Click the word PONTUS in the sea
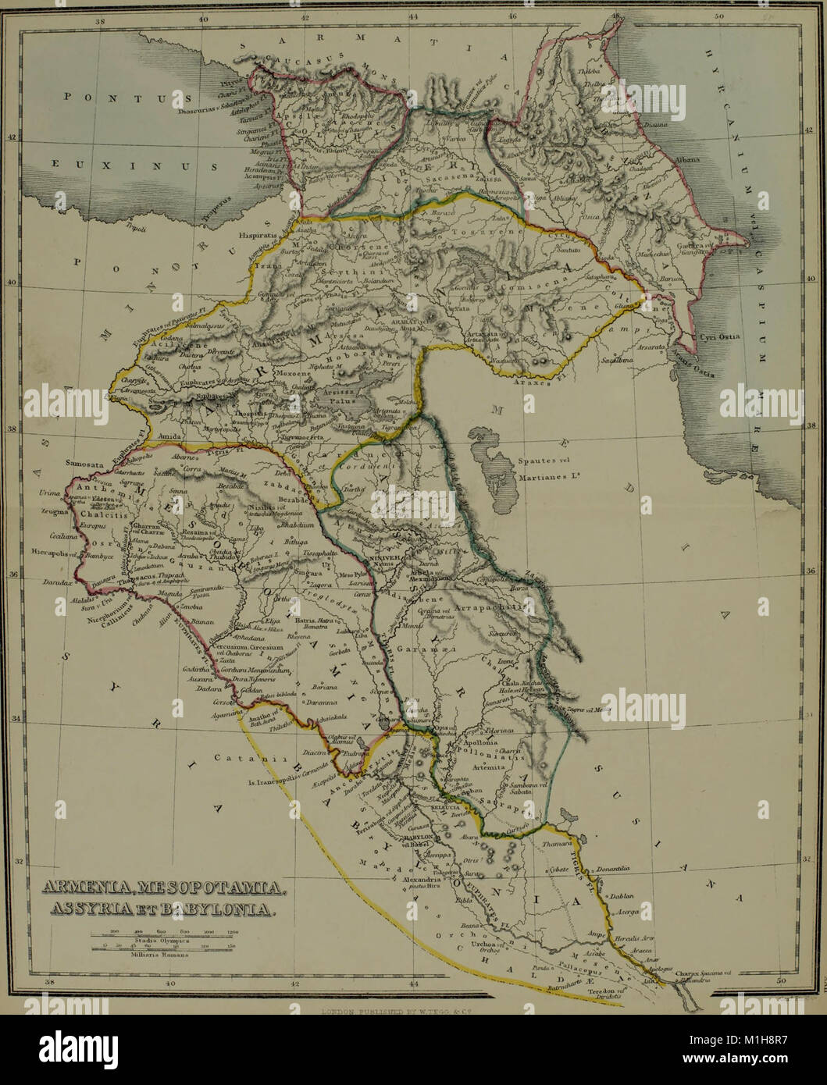tap(117, 98)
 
